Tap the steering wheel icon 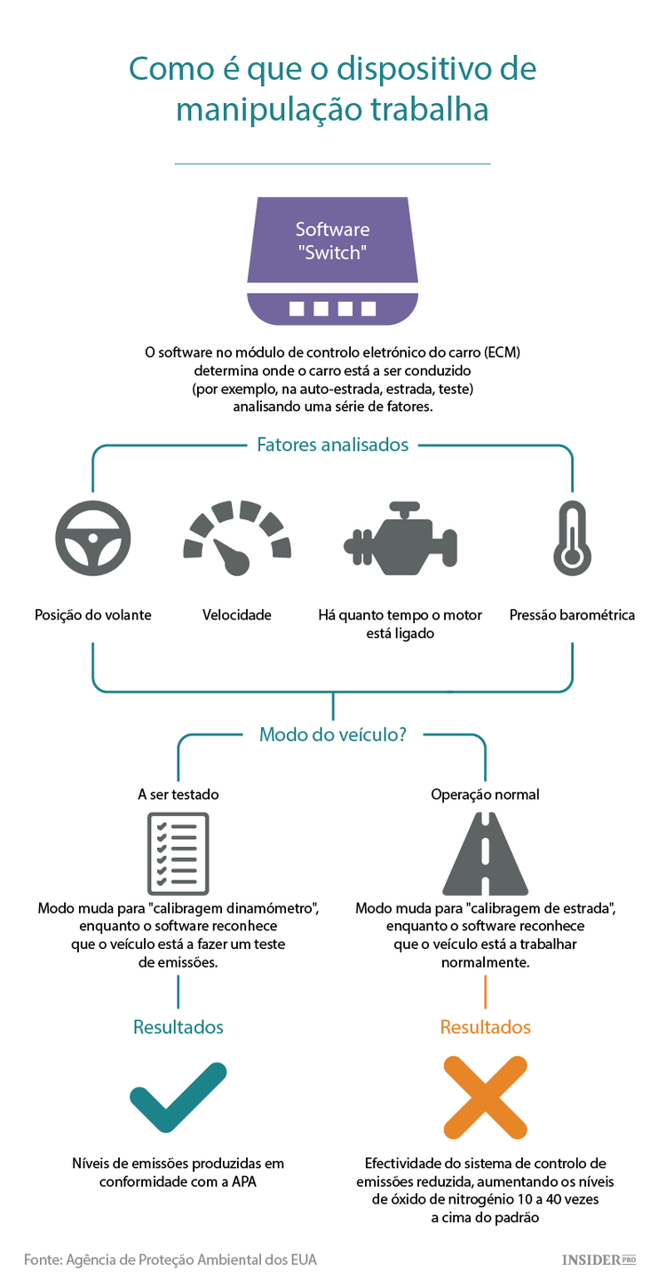93,539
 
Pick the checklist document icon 178,853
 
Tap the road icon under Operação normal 486,853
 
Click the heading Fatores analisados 333,445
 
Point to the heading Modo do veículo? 332,735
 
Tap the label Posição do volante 93,615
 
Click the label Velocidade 237,615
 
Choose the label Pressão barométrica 572,615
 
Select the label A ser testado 178,794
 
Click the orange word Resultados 486,1027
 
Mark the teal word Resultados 178,1027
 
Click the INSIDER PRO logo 600,1260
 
